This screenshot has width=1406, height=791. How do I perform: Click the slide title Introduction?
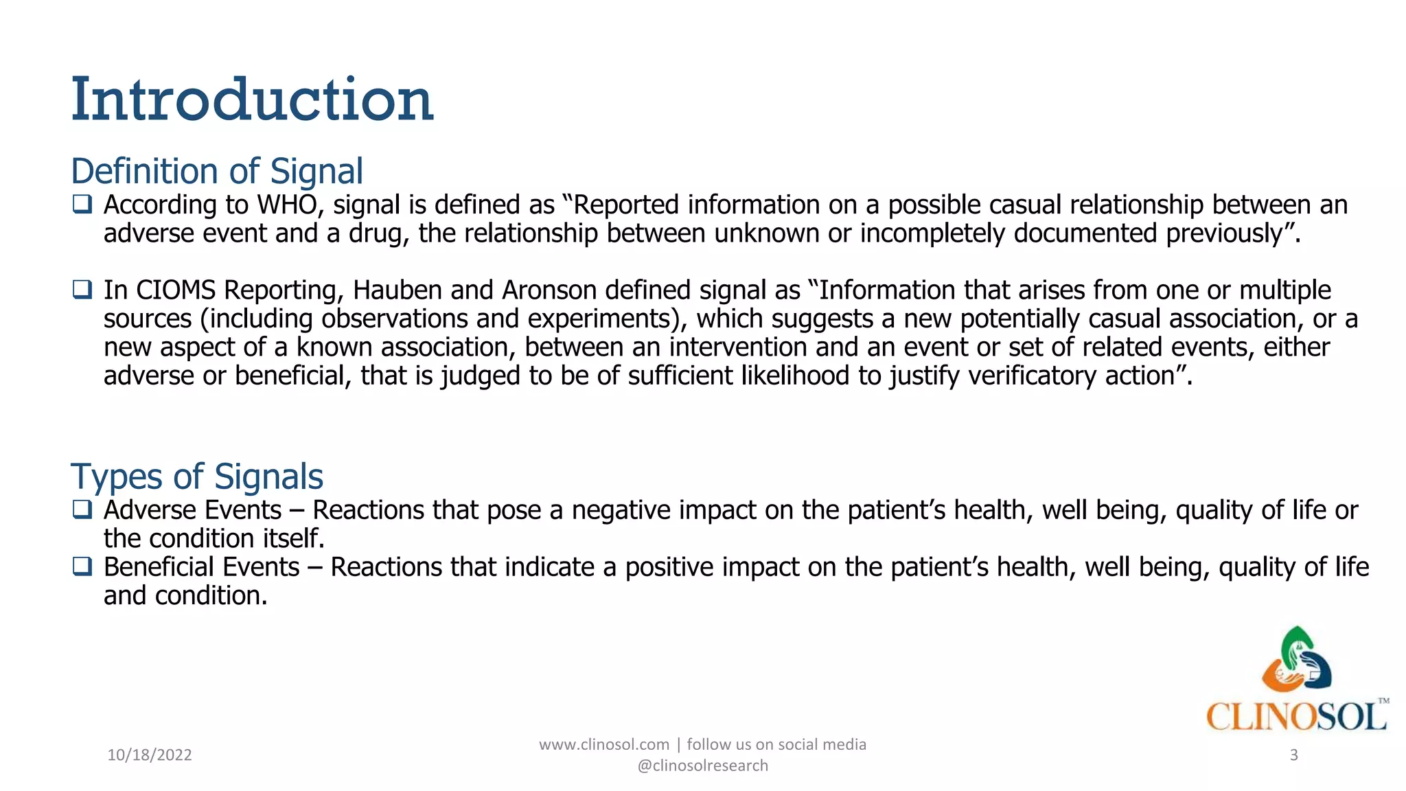point(252,100)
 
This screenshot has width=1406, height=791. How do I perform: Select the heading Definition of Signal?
point(217,171)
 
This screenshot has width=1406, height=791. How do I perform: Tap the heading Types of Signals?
point(196,477)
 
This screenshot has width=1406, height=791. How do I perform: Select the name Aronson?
point(549,290)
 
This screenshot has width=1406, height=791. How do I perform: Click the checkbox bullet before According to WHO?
point(82,204)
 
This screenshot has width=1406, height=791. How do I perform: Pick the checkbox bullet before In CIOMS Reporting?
point(82,290)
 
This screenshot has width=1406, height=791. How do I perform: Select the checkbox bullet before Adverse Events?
point(82,509)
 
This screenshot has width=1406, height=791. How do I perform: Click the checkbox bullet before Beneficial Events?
point(82,566)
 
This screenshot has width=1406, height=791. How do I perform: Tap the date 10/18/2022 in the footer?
point(150,755)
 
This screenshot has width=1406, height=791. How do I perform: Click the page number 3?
point(1293,755)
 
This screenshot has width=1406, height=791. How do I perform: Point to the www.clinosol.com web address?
point(603,745)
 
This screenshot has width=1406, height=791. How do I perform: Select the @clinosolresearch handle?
point(702,766)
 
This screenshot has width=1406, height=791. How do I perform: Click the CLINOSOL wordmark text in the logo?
point(1295,717)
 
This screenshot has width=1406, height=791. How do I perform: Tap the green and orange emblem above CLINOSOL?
point(1296,660)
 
